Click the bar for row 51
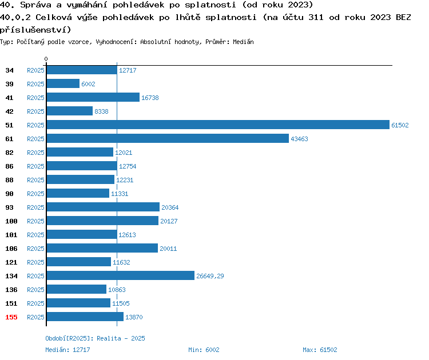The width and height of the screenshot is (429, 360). point(218,125)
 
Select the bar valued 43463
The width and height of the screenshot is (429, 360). point(168,138)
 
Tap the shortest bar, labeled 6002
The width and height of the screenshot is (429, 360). point(63,83)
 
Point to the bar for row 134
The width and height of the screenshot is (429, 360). point(121,275)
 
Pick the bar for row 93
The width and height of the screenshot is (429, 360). point(103,207)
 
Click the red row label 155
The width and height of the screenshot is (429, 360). point(11,317)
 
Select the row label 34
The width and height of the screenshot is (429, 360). point(9,70)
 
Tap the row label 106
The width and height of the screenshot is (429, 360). point(11,249)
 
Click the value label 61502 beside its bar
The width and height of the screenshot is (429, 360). point(400,125)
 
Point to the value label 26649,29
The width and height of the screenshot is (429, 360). point(210,276)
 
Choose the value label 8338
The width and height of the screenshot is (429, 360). point(101,111)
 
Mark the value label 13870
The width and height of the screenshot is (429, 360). point(134,317)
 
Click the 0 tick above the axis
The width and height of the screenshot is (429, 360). point(46,59)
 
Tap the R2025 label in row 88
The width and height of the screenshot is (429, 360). point(35,180)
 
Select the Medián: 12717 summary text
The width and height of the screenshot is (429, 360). point(67,350)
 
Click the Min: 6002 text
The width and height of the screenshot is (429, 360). point(204,350)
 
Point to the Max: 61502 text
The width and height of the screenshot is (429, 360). point(320,350)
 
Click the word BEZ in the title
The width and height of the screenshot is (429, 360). point(403,17)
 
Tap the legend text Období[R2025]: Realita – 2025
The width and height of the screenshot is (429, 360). point(95,338)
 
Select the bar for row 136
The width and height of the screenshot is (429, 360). point(77,289)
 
